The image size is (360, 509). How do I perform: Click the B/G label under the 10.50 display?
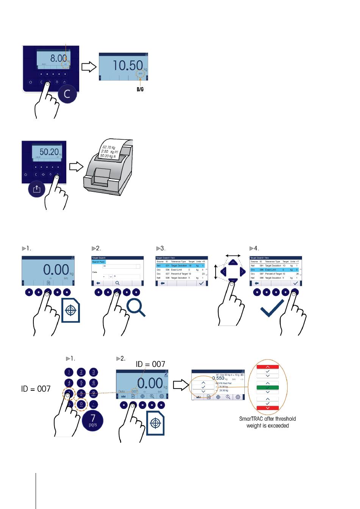(x=140, y=89)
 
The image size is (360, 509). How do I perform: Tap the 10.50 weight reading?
(x=128, y=66)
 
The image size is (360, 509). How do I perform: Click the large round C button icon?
(x=67, y=94)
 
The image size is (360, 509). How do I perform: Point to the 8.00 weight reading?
(x=58, y=58)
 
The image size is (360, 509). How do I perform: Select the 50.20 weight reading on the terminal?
(x=49, y=152)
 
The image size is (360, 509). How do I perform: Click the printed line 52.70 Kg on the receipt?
(x=109, y=147)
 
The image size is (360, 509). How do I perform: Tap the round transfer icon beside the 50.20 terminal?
(x=37, y=189)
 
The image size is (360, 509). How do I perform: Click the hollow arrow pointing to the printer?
(x=77, y=167)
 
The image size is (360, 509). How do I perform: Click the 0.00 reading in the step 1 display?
(x=56, y=269)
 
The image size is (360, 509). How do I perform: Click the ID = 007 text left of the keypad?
(x=36, y=389)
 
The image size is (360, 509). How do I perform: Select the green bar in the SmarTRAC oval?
(x=268, y=388)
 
